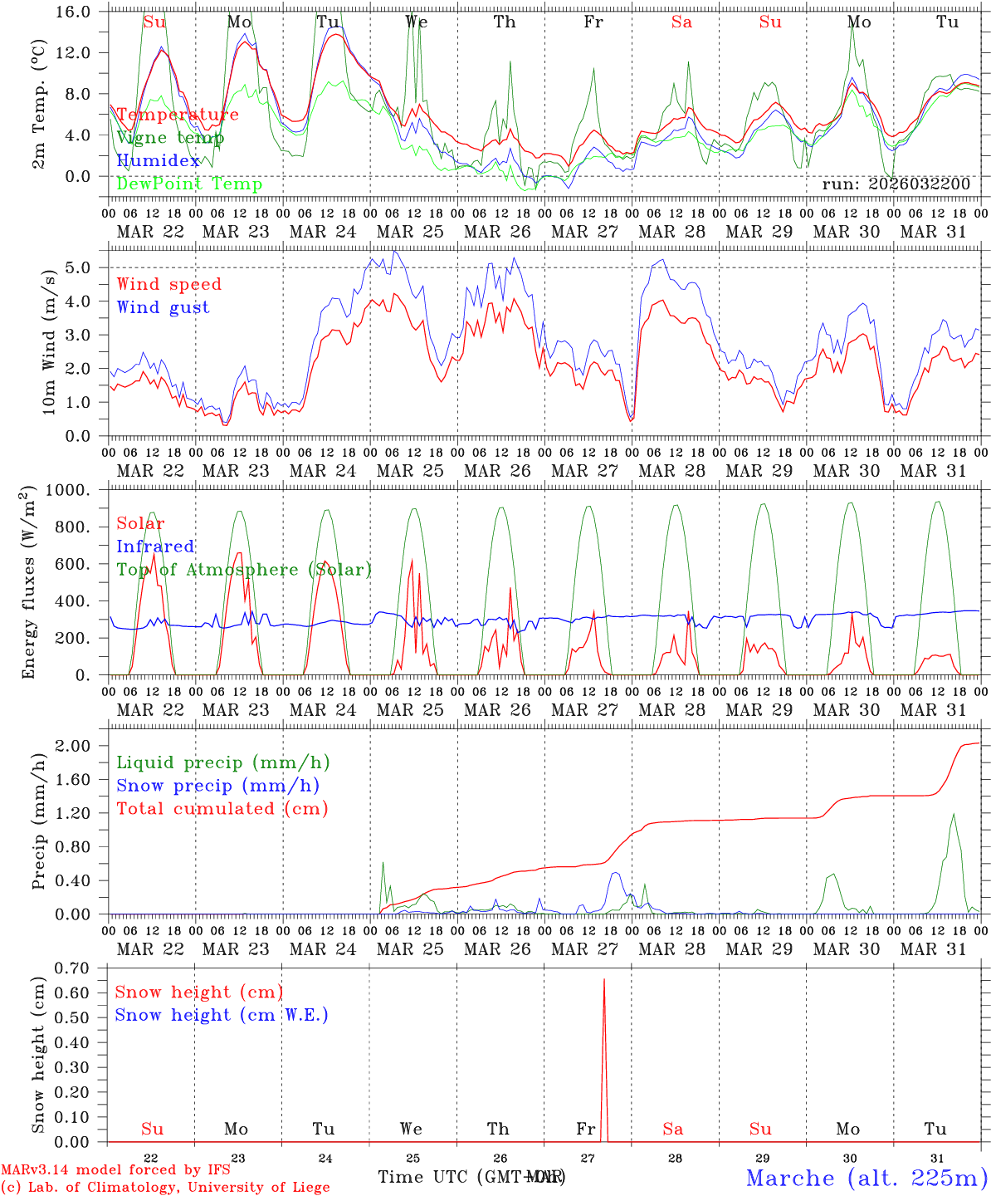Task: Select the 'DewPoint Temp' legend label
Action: [189, 184]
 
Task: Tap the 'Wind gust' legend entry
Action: [163, 307]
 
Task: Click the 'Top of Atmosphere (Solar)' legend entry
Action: [244, 570]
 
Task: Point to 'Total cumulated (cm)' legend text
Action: [222, 809]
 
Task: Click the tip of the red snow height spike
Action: [603, 980]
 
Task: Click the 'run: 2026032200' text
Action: [896, 184]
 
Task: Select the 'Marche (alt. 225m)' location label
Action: [867, 1178]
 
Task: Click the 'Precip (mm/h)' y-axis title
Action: [38, 821]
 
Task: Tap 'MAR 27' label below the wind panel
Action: [584, 471]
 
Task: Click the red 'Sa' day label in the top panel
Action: [681, 22]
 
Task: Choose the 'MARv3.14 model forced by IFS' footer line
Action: [115, 1170]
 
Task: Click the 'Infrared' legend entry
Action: [155, 547]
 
